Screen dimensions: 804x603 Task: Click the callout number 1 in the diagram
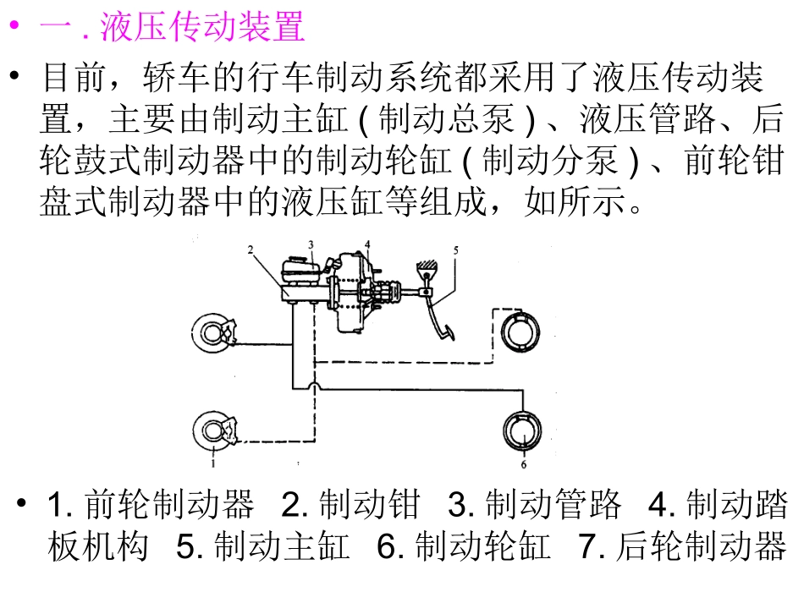tap(214, 463)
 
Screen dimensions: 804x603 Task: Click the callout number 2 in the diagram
tap(251, 249)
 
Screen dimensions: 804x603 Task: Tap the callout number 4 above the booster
tap(367, 244)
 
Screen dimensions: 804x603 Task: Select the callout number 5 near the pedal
tap(454, 249)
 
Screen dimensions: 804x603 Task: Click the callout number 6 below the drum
tap(523, 463)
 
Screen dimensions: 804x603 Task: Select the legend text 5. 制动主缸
tap(263, 547)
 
